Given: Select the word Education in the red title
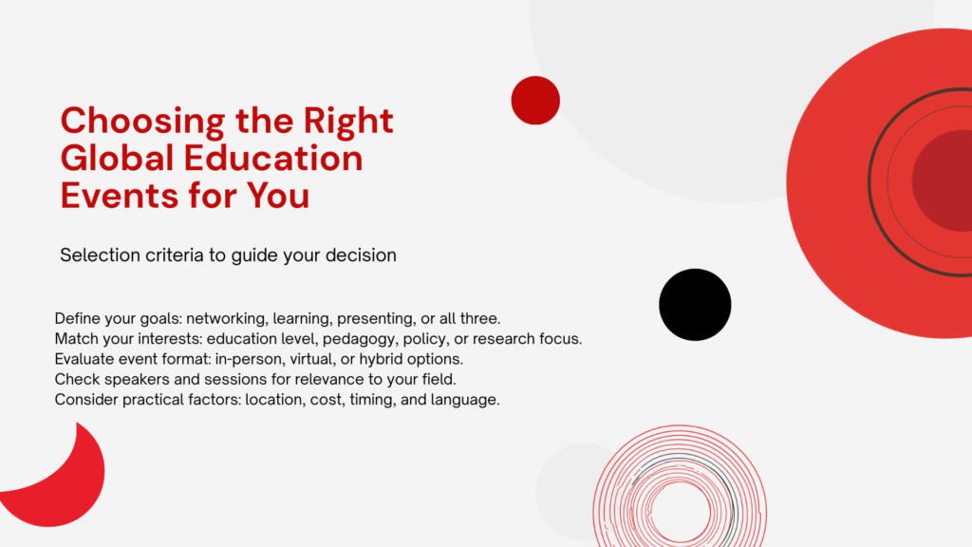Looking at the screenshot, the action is click(x=273, y=159).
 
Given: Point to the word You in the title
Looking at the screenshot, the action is click(x=278, y=196).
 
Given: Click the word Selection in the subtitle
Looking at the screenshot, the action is click(x=100, y=255).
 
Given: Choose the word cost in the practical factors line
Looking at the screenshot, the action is click(x=327, y=400).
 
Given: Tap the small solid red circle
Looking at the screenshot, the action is click(x=535, y=101).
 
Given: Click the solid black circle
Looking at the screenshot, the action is click(x=695, y=305).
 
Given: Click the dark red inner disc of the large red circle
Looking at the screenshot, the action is click(x=945, y=180).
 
